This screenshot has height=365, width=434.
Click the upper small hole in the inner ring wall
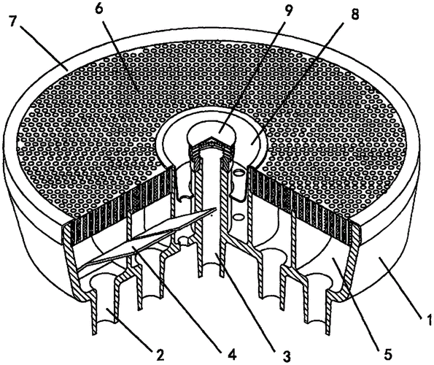[240, 174]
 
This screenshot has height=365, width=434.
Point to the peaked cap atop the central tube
[212, 142]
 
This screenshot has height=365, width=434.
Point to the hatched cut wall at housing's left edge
[72, 263]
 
